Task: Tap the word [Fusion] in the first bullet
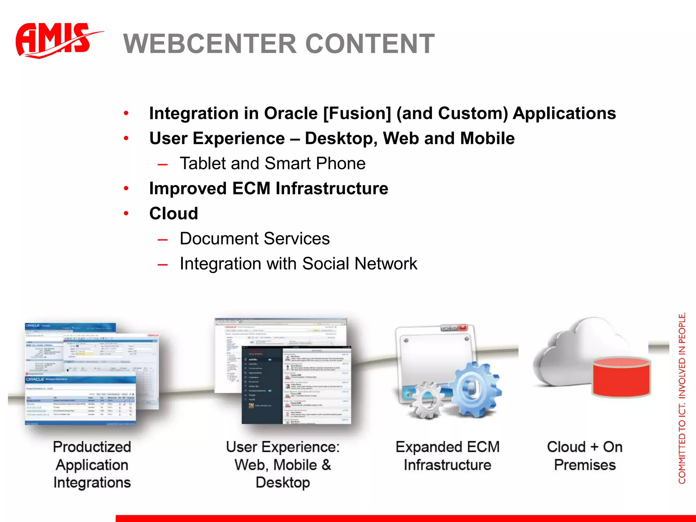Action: pos(357,114)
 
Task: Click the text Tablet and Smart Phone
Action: pos(273,163)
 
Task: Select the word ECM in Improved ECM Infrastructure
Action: pos(251,189)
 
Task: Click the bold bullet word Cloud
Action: pos(173,214)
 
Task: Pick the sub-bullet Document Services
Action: pos(255,239)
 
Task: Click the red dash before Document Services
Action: pos(162,240)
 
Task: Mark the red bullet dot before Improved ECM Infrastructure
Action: pos(126,189)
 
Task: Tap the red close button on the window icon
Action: pos(463,328)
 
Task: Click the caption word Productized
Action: pos(92,447)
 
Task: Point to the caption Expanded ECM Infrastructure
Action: pos(447,456)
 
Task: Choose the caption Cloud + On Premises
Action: pos(585,456)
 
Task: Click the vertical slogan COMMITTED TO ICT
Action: pos(682,442)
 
